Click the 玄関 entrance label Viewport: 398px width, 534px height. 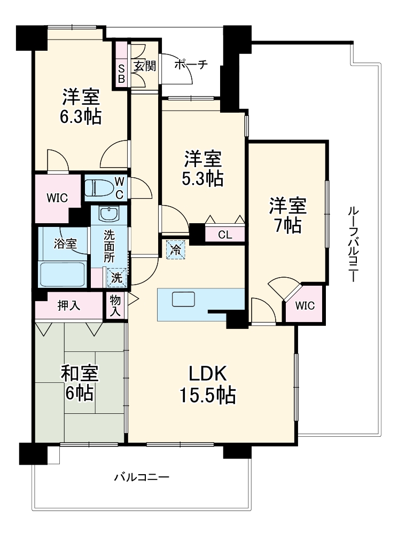point(145,66)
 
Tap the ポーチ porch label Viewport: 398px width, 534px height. point(191,65)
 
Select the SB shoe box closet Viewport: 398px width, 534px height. point(121,65)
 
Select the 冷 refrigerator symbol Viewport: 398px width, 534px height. point(176,249)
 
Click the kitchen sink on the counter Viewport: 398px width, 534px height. point(184,300)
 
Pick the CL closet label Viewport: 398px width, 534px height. point(225,234)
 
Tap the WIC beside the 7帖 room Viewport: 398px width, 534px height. point(305,305)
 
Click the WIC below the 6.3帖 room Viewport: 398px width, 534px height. point(57,198)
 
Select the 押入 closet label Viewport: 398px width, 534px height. point(69,305)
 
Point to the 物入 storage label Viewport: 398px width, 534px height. point(115,305)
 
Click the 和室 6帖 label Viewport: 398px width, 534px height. point(80,383)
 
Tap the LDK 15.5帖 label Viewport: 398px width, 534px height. point(207,385)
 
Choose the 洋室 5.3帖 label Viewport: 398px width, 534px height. point(203,168)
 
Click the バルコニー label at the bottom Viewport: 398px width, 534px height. point(142,477)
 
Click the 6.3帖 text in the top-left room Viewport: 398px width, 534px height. point(81,117)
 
